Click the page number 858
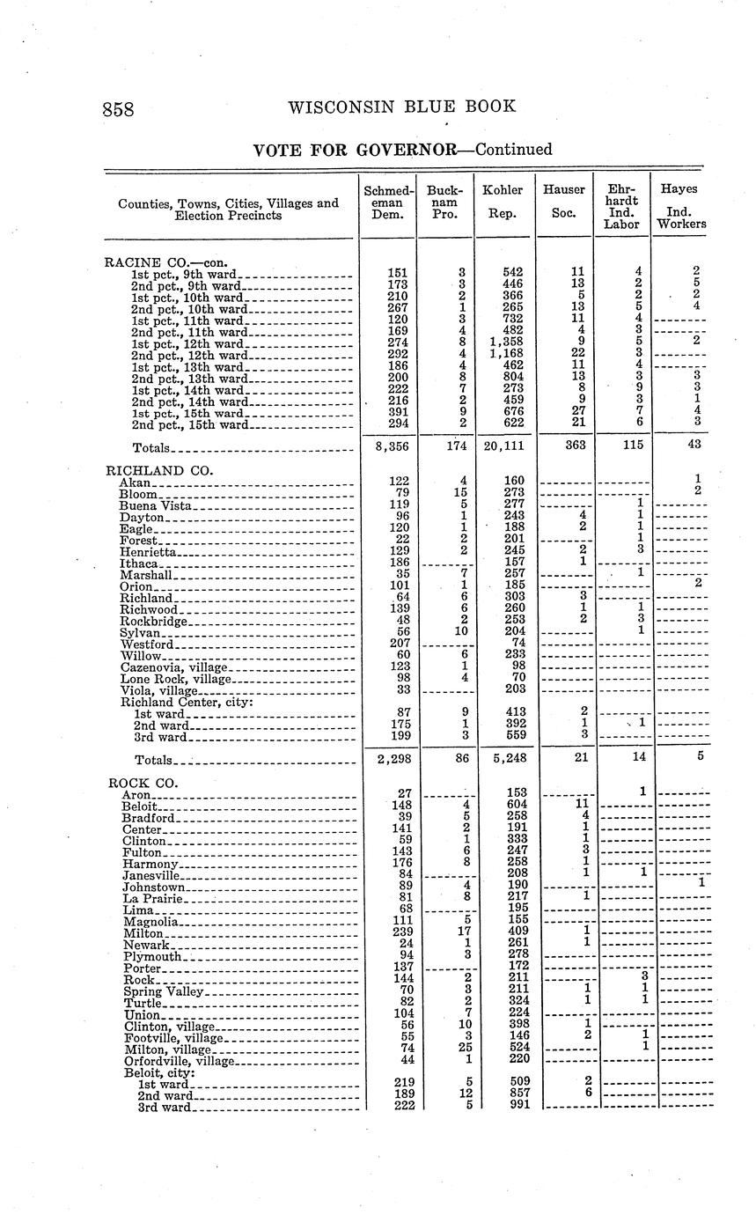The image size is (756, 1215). tap(118, 109)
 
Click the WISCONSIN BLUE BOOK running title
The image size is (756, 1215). tap(401, 107)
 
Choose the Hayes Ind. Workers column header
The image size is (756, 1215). tap(680, 206)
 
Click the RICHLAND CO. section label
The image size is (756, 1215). tap(159, 471)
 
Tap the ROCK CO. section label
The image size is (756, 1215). tap(143, 783)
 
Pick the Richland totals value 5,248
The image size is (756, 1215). tap(503, 758)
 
